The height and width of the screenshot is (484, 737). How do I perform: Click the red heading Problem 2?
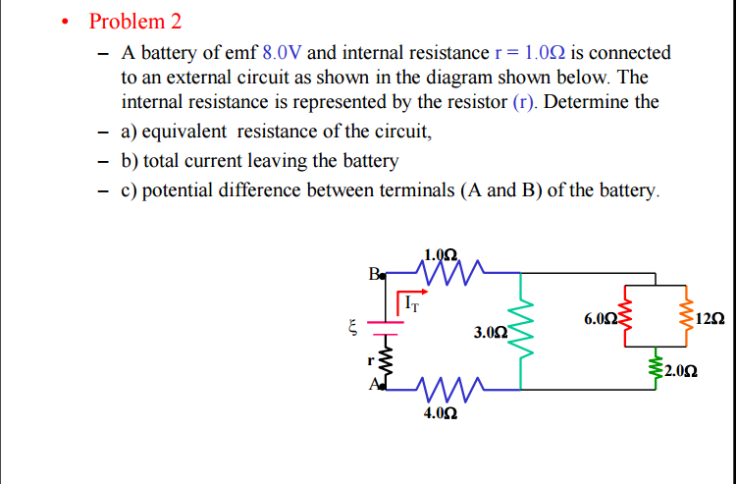coord(135,22)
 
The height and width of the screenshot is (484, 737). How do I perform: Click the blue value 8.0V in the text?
coord(283,53)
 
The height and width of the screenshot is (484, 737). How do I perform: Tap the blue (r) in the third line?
coord(526,102)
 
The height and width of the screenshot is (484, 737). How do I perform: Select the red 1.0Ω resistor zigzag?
coord(448,268)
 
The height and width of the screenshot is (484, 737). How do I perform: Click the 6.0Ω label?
coord(599,319)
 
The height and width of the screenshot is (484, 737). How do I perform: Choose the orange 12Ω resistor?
coord(687,318)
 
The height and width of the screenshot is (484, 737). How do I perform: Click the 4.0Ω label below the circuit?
coord(439,414)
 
